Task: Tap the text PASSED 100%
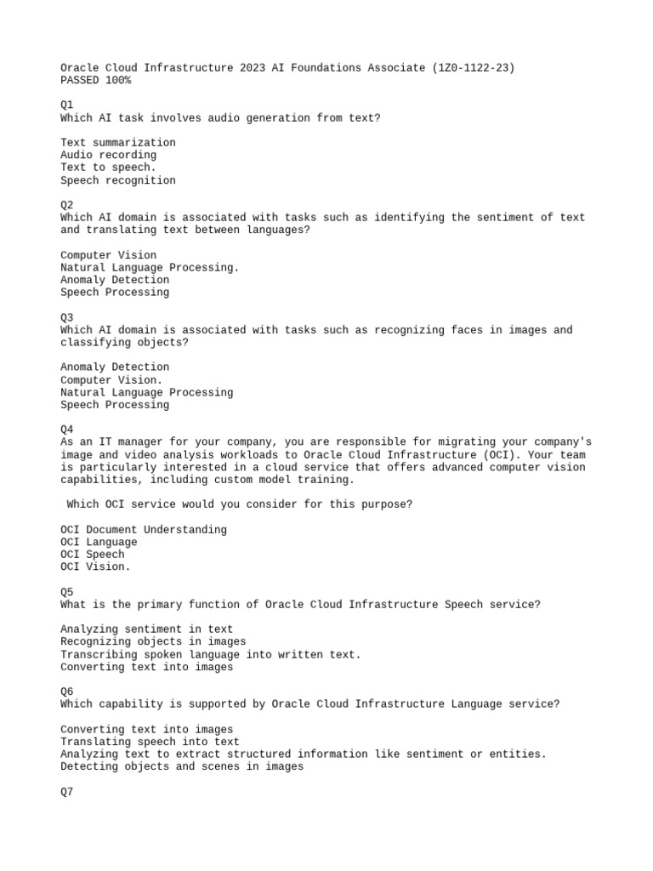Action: pos(96,81)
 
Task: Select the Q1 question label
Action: pos(67,105)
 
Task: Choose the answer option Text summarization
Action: pos(118,143)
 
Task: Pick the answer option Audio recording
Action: pos(109,155)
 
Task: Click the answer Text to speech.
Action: pos(109,168)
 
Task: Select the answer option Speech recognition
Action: pos(118,180)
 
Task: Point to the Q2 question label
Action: pos(67,205)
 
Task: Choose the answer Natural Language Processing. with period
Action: pos(150,268)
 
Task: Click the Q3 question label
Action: pos(67,317)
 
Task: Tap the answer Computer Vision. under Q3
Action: pos(112,380)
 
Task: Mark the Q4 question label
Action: pos(67,430)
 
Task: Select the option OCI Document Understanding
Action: pos(144,530)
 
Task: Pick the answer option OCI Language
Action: pos(99,542)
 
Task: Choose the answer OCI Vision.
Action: pos(96,567)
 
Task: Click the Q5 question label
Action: pos(67,592)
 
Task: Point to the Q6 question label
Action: pos(67,692)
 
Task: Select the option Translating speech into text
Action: pos(150,742)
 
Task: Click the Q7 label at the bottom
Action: pos(67,792)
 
